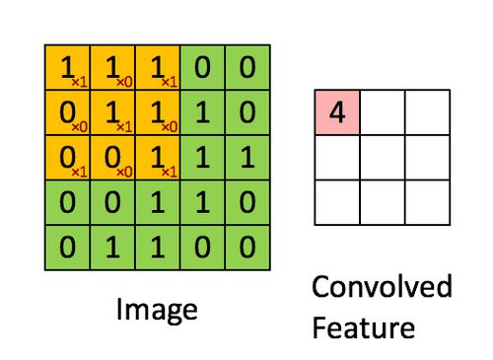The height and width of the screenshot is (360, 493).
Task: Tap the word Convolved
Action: click(x=382, y=288)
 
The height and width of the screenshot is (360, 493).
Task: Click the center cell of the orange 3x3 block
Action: click(x=112, y=112)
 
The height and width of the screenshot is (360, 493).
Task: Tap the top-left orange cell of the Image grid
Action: click(x=67, y=67)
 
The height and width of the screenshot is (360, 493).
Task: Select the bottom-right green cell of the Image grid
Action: click(x=248, y=248)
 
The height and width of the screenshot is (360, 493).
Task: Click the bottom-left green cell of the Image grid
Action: click(x=67, y=248)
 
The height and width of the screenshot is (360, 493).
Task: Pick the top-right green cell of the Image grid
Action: click(x=248, y=67)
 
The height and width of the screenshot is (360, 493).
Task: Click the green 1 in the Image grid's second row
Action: click(x=203, y=112)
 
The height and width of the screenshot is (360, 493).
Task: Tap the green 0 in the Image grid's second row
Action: click(x=248, y=112)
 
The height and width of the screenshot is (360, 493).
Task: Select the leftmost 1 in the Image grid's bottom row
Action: click(x=112, y=248)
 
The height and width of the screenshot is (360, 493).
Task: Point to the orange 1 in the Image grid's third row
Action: click(x=158, y=158)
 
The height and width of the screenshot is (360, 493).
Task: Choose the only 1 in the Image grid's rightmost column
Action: click(x=248, y=158)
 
